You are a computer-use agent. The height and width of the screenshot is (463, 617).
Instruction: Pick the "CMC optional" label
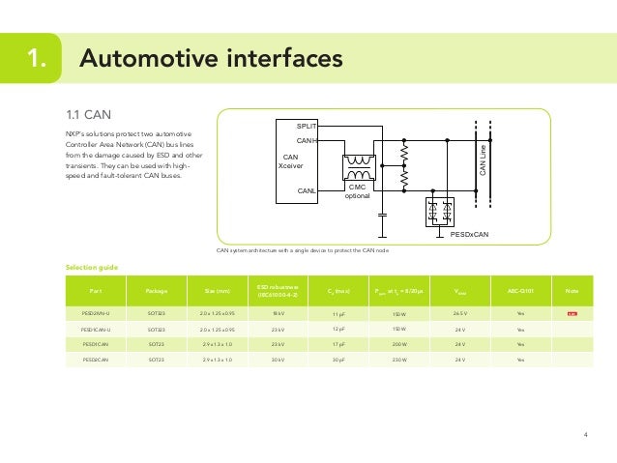click(x=358, y=190)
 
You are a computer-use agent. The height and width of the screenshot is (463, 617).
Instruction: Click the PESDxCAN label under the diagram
click(x=469, y=233)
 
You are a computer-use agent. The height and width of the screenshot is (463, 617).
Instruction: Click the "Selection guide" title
click(x=91, y=266)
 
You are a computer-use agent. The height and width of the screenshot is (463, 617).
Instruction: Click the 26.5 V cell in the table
click(x=459, y=313)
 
